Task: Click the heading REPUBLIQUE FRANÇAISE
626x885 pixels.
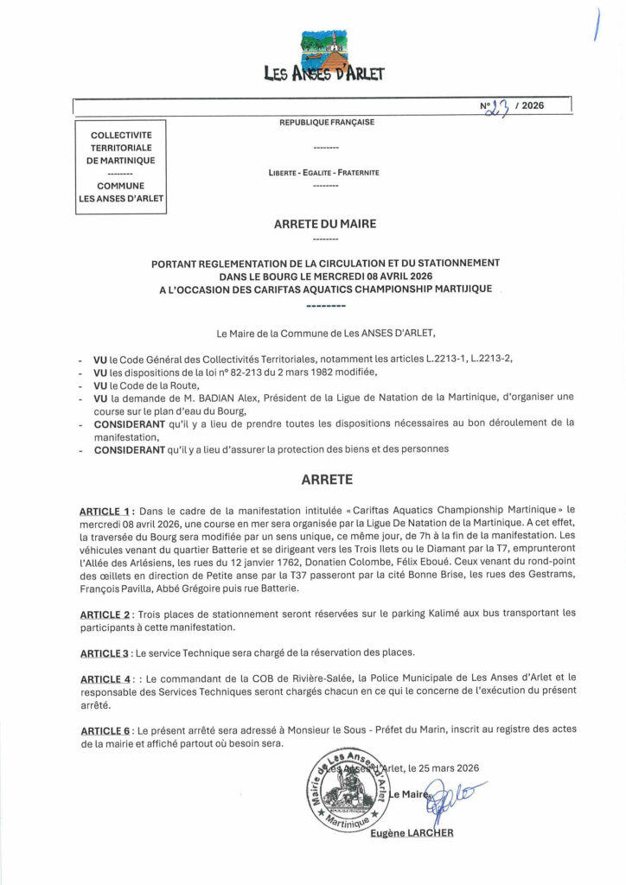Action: tap(326, 123)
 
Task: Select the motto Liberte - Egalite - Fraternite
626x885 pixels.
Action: tap(324, 173)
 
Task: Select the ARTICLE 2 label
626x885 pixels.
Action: tap(105, 613)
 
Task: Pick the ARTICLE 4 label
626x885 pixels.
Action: tap(105, 679)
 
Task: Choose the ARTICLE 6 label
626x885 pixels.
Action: tap(105, 729)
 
